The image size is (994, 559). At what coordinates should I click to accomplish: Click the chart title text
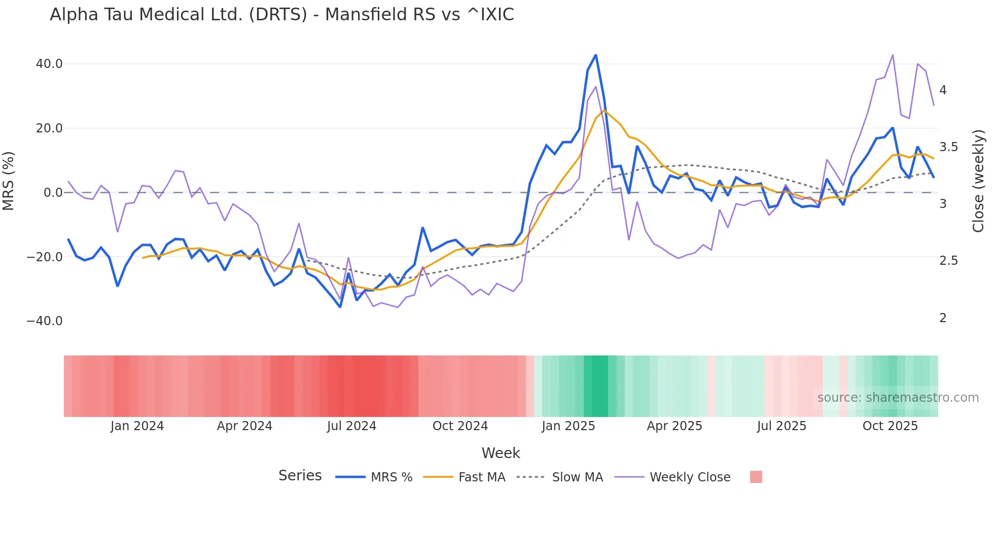coord(281,15)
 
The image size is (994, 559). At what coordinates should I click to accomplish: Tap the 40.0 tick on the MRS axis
coord(49,64)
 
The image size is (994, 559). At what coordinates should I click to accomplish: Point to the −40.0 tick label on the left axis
coord(45,321)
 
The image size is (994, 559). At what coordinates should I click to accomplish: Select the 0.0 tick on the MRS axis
coord(53,193)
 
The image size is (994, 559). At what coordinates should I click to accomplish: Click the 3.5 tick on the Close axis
coord(948,147)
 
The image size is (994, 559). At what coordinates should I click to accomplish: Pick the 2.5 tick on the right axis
coord(948,261)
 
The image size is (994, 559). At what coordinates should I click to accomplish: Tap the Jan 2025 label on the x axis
coord(568,426)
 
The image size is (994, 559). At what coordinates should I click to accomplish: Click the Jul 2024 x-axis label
coord(351,426)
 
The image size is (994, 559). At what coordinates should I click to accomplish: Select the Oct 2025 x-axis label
coord(890,426)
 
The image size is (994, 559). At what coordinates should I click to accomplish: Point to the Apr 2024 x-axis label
coord(244,426)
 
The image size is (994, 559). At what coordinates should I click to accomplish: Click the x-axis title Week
coord(501,453)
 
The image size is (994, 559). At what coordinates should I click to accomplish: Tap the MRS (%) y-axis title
coord(9,181)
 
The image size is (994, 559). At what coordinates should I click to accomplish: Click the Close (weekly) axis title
coord(978,181)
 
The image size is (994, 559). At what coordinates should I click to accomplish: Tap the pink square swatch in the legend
coord(756,477)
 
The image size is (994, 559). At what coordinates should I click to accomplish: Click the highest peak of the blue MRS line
coord(595,55)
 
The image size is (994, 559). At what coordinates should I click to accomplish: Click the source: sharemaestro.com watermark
coord(898,398)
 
